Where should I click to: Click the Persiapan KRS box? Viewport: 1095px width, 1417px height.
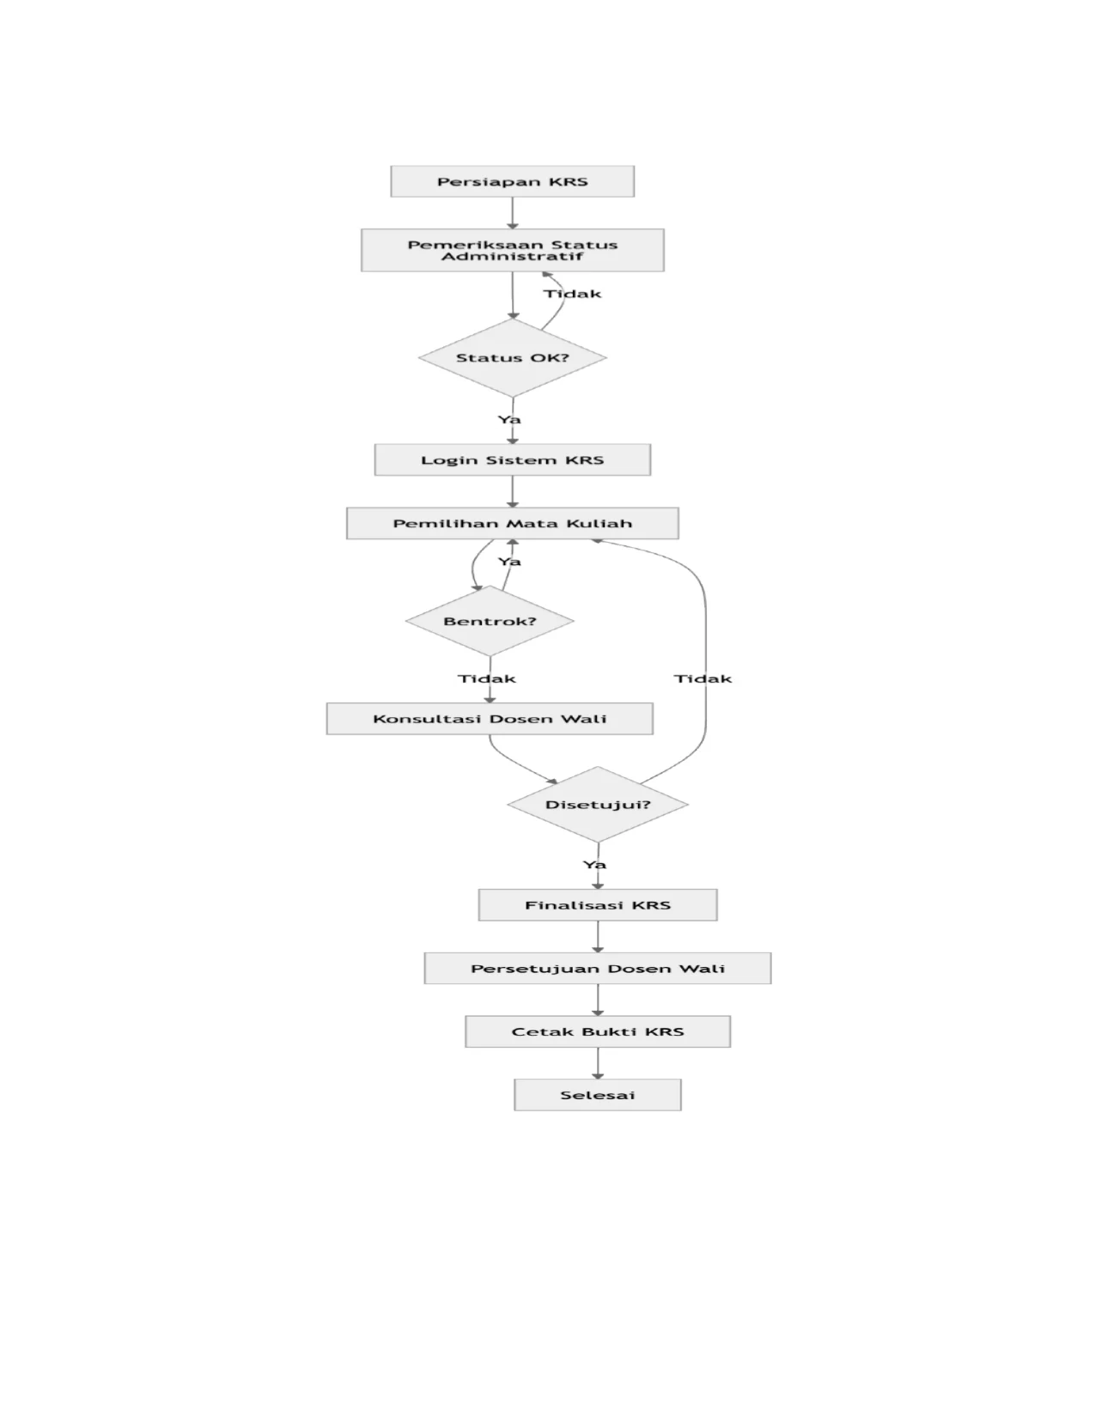coord(512,181)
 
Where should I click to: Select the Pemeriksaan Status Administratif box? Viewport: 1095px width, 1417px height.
coord(513,250)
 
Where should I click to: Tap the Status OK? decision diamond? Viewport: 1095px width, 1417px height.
coord(513,357)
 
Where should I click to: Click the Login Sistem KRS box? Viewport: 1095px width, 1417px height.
coord(513,459)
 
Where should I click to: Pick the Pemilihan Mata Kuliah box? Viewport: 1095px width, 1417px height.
coord(513,523)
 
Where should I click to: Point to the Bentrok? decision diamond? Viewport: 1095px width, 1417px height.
coord(490,621)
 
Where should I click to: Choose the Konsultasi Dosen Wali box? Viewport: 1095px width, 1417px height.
coord(490,719)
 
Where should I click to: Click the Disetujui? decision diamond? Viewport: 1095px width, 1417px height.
coord(598,804)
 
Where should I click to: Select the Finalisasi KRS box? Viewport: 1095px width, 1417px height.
coord(598,905)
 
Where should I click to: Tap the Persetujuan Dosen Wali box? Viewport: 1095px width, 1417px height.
coord(598,969)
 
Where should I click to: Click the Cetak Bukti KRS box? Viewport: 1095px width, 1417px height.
coord(598,1031)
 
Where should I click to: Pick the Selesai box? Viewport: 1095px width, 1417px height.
coord(598,1095)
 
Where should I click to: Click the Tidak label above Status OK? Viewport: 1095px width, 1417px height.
coord(573,294)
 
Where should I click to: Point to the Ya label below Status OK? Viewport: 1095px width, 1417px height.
coord(509,419)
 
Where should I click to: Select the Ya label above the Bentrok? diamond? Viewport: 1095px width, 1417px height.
coord(509,562)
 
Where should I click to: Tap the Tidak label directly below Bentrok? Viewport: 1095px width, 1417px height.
coord(486,678)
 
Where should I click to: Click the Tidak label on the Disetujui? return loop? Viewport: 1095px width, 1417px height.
coord(703,678)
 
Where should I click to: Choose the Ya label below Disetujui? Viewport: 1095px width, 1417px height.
coord(594,865)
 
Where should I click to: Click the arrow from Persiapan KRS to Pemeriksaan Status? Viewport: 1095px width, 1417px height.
coord(513,213)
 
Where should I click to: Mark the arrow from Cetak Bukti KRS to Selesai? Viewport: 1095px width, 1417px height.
coord(598,1063)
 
